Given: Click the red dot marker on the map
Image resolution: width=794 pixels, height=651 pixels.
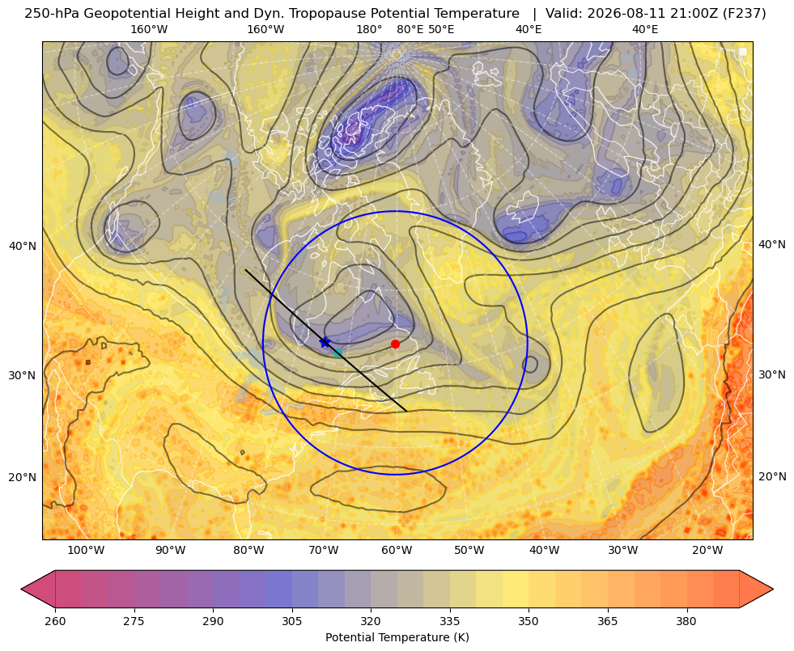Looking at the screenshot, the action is (x=395, y=344).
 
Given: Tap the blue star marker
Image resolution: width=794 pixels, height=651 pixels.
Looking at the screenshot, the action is (x=325, y=342).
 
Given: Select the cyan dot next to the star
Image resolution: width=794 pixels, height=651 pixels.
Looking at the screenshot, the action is (x=338, y=353).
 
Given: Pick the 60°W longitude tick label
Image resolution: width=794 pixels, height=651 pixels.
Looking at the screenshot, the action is (x=397, y=551).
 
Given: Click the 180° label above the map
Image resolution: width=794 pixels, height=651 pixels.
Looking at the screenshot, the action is (x=369, y=29).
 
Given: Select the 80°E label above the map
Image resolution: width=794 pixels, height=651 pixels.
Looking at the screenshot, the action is (x=410, y=29).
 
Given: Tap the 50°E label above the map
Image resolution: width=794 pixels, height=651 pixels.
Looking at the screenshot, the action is (x=441, y=29).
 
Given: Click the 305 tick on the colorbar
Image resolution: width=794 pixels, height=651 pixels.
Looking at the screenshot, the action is (x=292, y=621).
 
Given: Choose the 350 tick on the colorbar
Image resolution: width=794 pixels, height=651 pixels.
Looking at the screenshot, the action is (x=529, y=621).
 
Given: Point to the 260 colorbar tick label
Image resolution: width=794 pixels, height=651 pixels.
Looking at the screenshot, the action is (x=55, y=621).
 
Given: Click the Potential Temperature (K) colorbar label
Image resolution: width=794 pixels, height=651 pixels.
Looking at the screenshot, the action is (x=397, y=637).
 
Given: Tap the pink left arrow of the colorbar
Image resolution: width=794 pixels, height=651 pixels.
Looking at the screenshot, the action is (x=38, y=589).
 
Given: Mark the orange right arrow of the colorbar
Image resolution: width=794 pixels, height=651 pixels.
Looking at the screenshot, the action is (x=756, y=589).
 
